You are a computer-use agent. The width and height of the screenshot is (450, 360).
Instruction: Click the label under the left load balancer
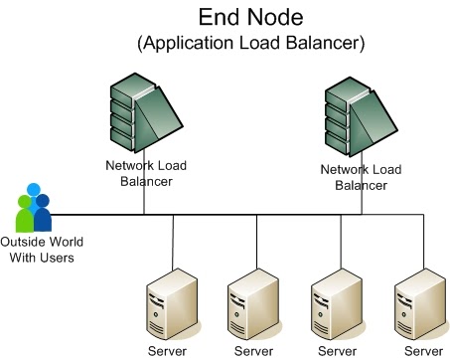pos(144,175)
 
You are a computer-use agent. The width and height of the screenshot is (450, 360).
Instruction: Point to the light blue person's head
pos(34,190)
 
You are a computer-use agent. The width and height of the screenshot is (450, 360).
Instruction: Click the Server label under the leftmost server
pos(167,350)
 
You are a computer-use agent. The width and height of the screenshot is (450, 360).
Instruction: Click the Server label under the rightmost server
pos(423,350)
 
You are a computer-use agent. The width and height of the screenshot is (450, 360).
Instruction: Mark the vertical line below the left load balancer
pos(144,201)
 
